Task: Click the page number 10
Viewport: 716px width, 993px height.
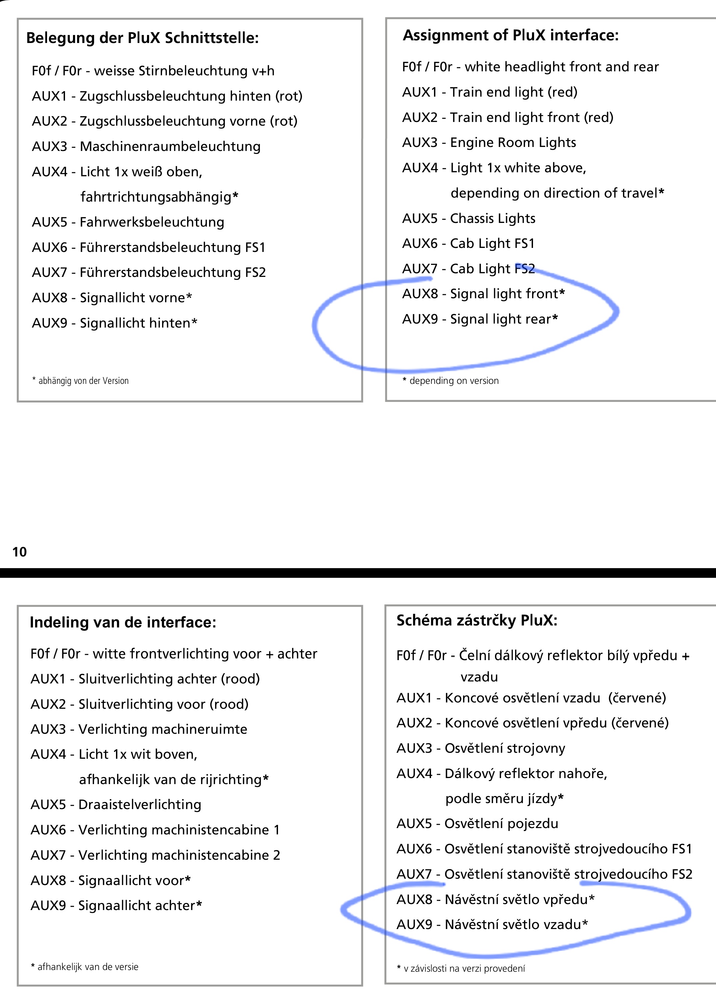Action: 20,552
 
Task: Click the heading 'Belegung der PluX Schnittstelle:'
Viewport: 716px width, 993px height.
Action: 142,38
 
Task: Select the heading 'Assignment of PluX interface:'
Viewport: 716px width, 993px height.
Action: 511,35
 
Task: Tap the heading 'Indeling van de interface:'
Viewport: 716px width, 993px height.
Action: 123,622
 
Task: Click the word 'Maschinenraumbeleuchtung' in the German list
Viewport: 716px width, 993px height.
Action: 170,146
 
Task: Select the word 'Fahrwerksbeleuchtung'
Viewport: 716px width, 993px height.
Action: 152,222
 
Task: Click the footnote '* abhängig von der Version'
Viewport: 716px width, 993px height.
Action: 81,381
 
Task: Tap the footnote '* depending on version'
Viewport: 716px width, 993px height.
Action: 451,381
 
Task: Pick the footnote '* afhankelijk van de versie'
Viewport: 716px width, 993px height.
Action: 85,967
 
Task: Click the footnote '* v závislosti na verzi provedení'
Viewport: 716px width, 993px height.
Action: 461,968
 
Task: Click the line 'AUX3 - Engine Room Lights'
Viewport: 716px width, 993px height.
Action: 489,143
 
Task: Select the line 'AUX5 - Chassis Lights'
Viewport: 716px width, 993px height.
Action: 469,219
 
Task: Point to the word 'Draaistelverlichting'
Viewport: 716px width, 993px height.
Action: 140,805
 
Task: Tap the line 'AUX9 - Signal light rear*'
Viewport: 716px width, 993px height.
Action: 480,319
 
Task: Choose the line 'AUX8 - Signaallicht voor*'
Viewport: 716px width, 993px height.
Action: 111,880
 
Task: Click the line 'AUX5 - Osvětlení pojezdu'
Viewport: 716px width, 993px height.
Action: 477,824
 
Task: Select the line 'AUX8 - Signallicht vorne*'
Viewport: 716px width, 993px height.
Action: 112,298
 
